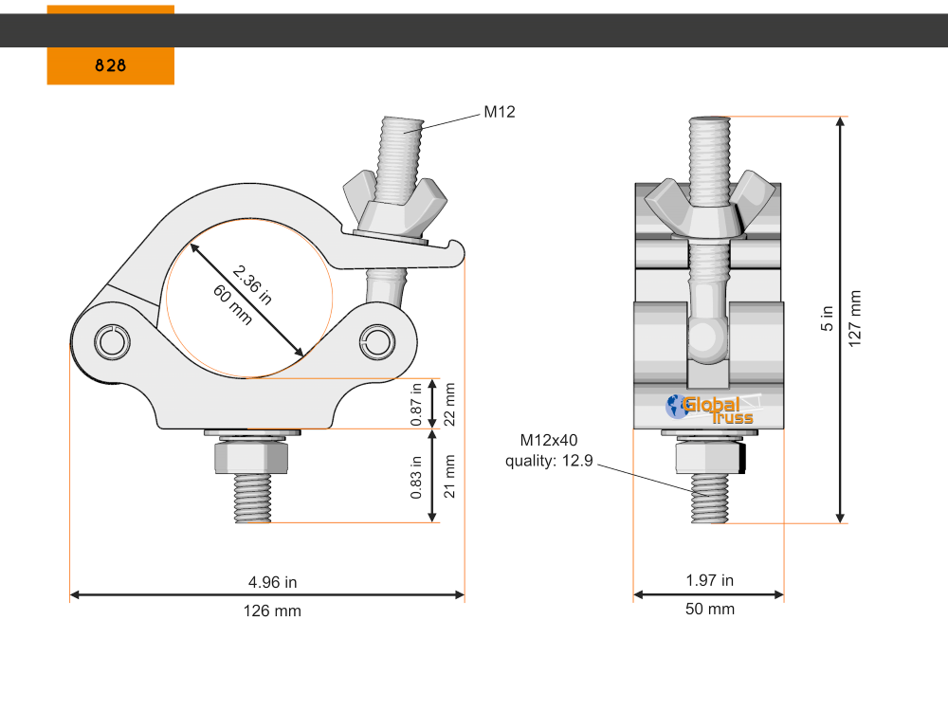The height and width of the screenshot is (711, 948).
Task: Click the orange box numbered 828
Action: point(111,65)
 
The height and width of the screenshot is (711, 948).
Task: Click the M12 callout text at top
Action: point(500,112)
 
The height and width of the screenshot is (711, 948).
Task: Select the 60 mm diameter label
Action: point(232,305)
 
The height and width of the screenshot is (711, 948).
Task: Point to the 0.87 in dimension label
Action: point(415,403)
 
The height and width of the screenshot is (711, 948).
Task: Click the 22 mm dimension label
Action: point(450,403)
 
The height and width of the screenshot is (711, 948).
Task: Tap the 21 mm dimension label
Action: point(450,476)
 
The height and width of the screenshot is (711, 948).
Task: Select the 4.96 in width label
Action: point(272,582)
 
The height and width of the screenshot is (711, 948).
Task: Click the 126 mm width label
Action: point(272,611)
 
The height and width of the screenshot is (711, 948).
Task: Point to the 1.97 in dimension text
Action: point(709,580)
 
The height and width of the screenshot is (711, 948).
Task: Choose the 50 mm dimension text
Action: point(709,610)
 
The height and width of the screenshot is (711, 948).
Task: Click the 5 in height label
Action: point(827,319)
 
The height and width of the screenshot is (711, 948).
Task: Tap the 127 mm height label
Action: point(855,319)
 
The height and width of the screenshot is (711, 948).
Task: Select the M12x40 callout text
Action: point(548,441)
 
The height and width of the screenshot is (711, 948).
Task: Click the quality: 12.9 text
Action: point(548,461)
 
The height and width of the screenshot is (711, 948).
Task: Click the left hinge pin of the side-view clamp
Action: point(112,341)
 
